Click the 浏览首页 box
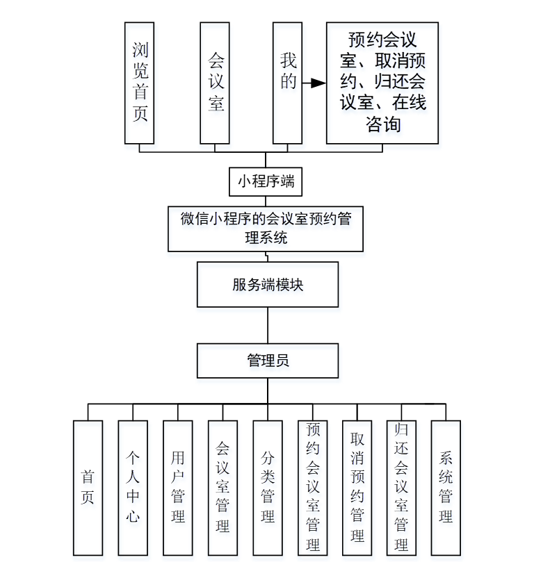click(140, 83)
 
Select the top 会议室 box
click(215, 83)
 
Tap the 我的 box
click(287, 83)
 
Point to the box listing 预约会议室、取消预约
click(382, 83)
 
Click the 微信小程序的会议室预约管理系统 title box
click(266, 228)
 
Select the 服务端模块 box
click(268, 284)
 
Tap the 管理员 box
click(268, 361)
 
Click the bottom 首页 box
click(88, 488)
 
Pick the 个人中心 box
click(133, 488)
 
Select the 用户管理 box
click(177, 488)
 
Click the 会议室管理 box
click(222, 488)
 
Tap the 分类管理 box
click(268, 488)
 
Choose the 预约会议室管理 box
click(312, 488)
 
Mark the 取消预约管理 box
click(357, 488)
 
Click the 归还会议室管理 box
click(401, 488)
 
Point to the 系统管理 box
click(446, 488)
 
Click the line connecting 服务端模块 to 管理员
click(268, 325)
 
